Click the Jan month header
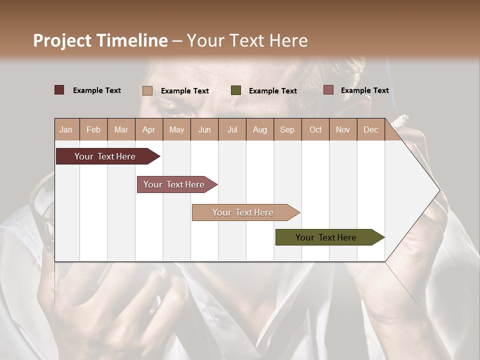(x=66, y=129)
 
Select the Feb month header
(x=93, y=129)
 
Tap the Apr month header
(x=148, y=129)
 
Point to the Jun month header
(x=204, y=129)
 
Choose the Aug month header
(x=260, y=129)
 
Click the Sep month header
(x=287, y=129)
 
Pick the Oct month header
(x=315, y=129)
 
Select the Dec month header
(x=370, y=129)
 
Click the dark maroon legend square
(x=59, y=90)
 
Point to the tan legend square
(x=147, y=90)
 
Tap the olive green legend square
(x=236, y=90)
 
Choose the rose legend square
(x=328, y=90)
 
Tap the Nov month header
(x=343, y=129)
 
